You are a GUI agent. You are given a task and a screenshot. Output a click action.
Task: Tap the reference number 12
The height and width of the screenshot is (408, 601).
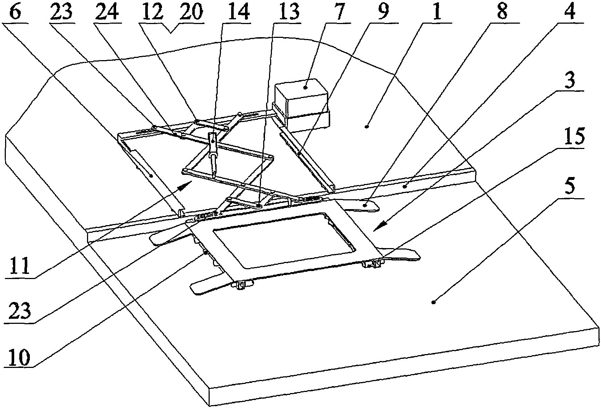coord(153,12)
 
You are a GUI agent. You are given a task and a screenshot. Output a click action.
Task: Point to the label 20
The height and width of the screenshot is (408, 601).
coord(191,12)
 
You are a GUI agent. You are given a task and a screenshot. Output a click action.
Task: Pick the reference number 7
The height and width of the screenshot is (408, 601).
coord(339,12)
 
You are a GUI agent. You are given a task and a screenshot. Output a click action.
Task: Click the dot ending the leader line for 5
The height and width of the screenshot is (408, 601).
coord(433,302)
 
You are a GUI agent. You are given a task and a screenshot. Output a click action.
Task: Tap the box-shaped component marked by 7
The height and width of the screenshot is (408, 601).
coord(301,106)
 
